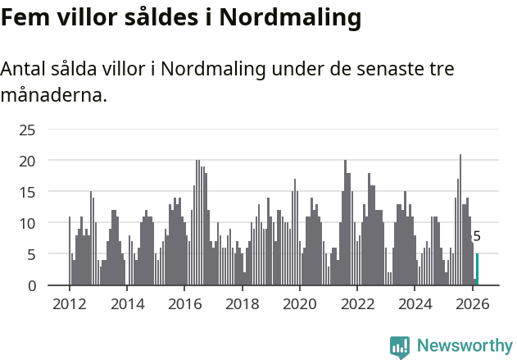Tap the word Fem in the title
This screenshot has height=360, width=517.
tap(27, 16)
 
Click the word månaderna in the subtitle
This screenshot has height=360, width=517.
tap(52, 96)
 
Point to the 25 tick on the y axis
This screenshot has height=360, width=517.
tap(27, 130)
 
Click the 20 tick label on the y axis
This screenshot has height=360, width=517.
tap(27, 161)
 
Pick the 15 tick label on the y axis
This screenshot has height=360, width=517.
tap(27, 192)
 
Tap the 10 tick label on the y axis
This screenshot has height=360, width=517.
tap(27, 223)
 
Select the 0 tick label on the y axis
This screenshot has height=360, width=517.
tap(32, 285)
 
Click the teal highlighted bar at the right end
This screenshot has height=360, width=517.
tap(477, 270)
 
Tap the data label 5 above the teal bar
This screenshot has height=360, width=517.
tap(477, 237)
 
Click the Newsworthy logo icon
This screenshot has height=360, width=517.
tap(400, 347)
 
